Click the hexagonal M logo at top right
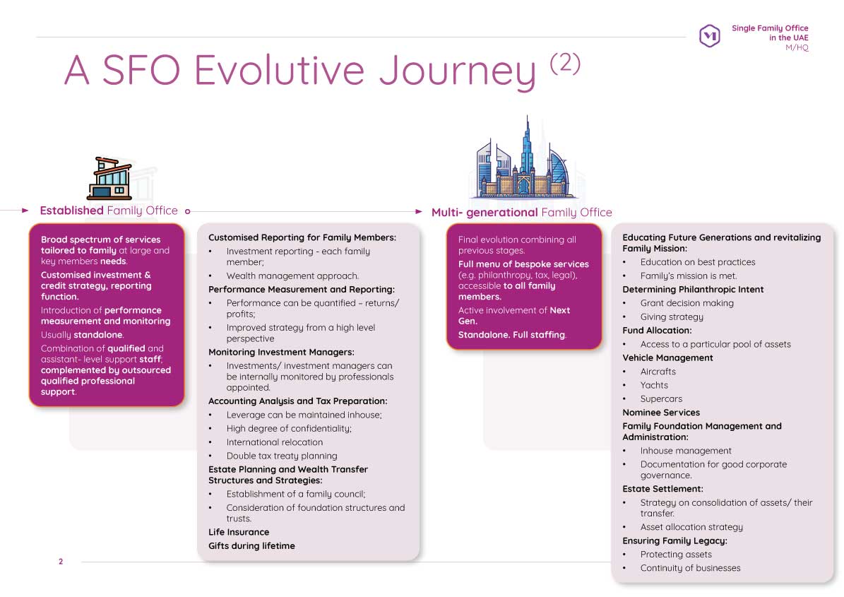pos(709,36)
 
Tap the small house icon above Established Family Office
pos(109,178)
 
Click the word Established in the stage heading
pos(71,211)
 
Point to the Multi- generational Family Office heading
pos(521,212)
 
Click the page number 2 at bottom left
pos(61,561)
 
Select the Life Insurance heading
pos(239,532)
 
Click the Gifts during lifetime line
pos(251,545)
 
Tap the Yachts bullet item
pos(653,385)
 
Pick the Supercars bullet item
pos(661,398)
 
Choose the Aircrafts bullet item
pos(658,372)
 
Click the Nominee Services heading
pos(661,413)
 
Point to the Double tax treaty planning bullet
pos(281,456)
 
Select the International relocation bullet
pos(274,442)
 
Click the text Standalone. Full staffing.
pos(512,334)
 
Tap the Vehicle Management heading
pos(667,357)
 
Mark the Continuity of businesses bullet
pos(690,568)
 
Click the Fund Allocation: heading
pos(657,331)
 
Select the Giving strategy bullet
pos(671,317)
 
